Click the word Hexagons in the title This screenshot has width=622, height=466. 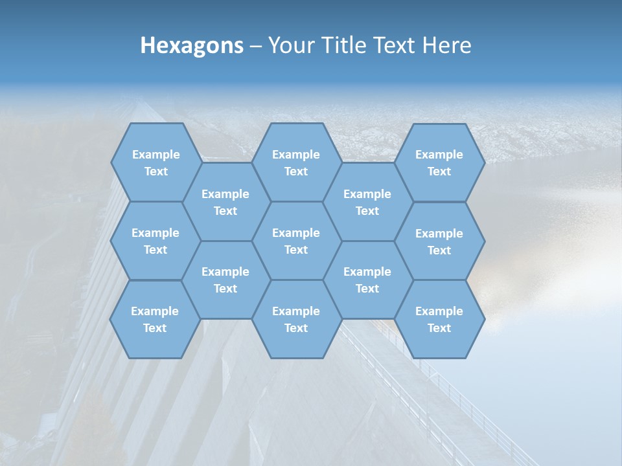tap(192, 45)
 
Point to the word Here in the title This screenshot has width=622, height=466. tap(447, 45)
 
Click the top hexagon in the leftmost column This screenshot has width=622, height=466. tap(155, 162)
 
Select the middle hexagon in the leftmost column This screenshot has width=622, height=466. tap(155, 241)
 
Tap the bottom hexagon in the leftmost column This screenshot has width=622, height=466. tap(155, 319)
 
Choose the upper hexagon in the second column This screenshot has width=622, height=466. tap(225, 202)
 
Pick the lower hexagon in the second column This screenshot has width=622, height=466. tap(225, 280)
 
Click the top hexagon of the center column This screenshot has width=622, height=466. tap(296, 162)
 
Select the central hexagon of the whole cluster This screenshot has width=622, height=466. tap(296, 241)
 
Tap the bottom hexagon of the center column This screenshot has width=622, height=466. tap(296, 319)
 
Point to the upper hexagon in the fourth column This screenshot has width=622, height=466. tap(367, 202)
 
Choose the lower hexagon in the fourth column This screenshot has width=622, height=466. tap(367, 280)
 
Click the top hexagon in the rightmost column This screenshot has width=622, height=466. tap(439, 162)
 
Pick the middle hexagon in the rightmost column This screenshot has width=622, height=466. tap(439, 241)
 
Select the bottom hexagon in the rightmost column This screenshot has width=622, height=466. tap(439, 319)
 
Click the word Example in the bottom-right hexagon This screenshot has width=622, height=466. tap(439, 311)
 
